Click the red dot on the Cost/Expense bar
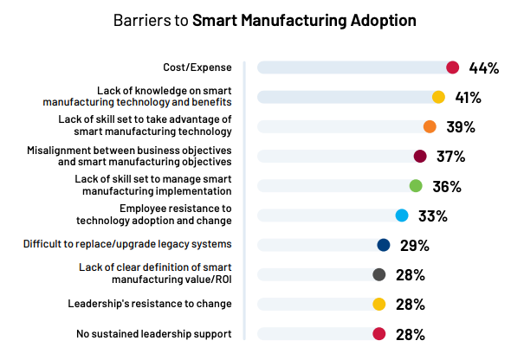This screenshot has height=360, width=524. pos(452,67)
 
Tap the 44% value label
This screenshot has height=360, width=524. pos(483,67)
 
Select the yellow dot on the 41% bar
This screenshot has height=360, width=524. pos(438,97)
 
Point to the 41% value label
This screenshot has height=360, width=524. pos(469,97)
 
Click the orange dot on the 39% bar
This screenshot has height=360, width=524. pos(430,126)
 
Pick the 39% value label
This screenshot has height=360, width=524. pos(461,126)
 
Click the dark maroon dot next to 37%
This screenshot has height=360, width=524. pos(420,157)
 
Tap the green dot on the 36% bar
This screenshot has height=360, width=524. pos(416,186)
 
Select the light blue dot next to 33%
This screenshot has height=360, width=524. pos(402,215)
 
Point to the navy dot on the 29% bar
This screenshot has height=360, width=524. pos(384,245)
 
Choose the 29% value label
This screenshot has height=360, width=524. pos(415,245)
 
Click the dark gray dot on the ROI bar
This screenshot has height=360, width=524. pos(378,275)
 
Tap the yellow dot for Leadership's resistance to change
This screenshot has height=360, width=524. pos(378,305)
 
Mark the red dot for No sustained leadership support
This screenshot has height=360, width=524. pos(378,334)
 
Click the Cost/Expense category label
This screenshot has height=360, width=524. pos(197,67)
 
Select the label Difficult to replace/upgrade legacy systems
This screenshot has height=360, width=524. pos(127,245)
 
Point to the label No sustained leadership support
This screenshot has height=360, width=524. pos(154,334)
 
